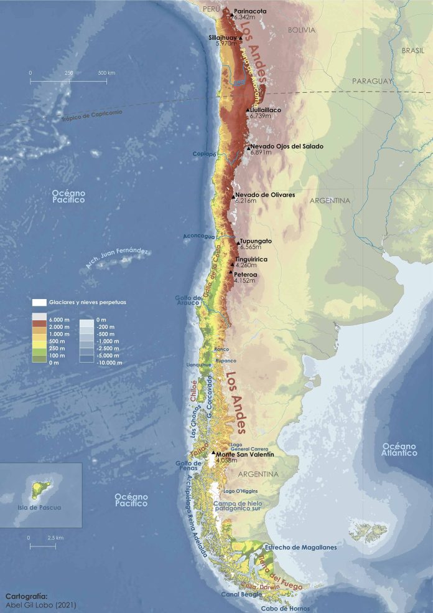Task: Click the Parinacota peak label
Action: pyautogui.click(x=250, y=11)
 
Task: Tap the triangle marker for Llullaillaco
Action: pyautogui.click(x=248, y=110)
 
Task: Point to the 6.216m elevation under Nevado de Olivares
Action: pyautogui.click(x=248, y=201)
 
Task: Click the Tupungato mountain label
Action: pyautogui.click(x=256, y=240)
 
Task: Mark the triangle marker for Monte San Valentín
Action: pyautogui.click(x=213, y=454)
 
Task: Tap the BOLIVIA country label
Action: pyautogui.click(x=302, y=30)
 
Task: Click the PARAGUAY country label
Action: pyautogui.click(x=373, y=82)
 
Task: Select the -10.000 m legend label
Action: pyautogui.click(x=109, y=362)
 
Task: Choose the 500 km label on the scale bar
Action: pyautogui.click(x=106, y=73)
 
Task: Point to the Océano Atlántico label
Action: pyautogui.click(x=399, y=449)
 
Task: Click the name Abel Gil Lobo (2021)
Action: pyautogui.click(x=41, y=604)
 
